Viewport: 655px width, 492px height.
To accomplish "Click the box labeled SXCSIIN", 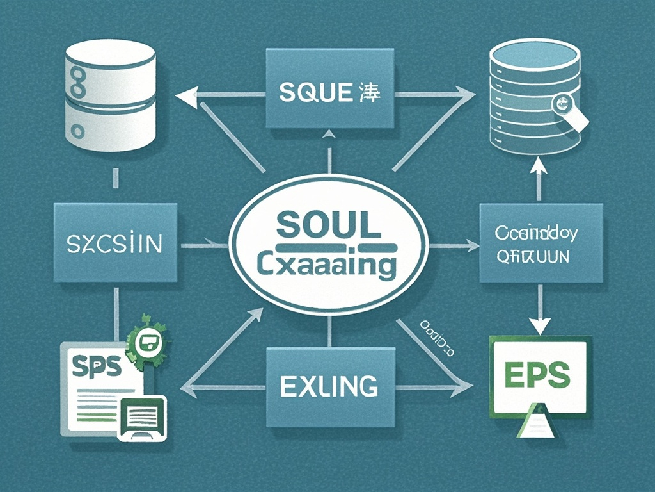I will coord(115,243).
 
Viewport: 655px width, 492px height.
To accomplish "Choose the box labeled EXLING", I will coord(329,387).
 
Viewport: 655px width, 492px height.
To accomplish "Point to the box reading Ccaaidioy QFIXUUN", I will coord(541,244).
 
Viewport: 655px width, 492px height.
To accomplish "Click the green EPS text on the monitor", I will coord(537,375).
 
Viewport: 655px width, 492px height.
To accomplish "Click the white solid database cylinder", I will coord(111,96).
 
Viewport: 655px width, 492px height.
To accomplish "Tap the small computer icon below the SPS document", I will coord(141,418).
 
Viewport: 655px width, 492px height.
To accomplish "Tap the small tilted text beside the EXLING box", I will coord(437,336).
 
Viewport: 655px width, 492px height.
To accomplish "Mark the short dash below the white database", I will coord(115,177).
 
